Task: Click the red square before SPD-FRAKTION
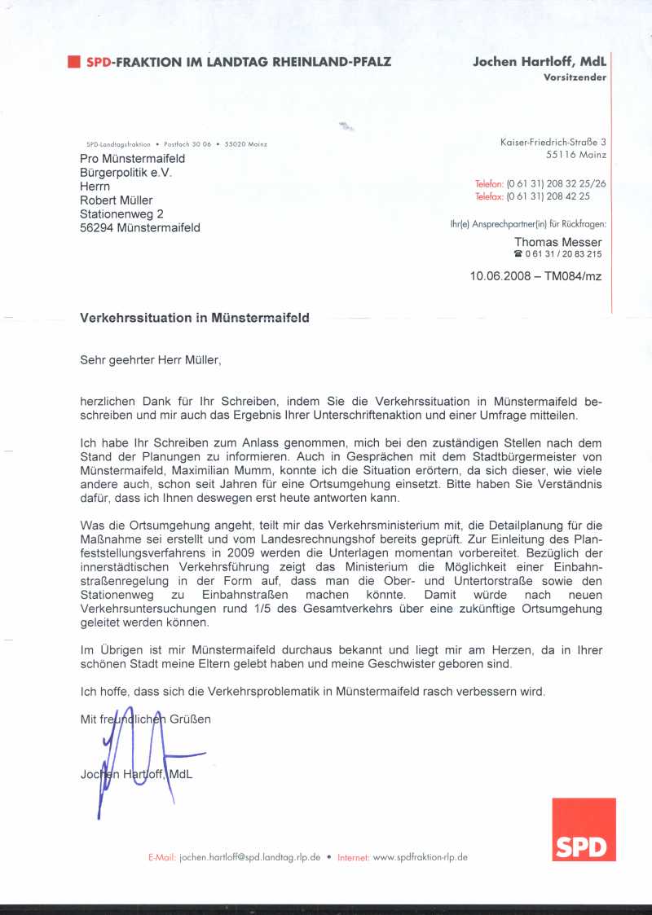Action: click(x=73, y=61)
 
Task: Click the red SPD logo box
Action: click(x=584, y=829)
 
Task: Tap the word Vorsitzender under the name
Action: click(x=575, y=77)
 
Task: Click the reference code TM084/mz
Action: click(x=573, y=276)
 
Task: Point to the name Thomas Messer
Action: click(x=558, y=242)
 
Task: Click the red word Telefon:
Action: click(x=489, y=184)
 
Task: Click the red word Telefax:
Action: click(x=489, y=196)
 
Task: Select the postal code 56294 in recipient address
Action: click(x=97, y=228)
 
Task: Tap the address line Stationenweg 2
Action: click(x=121, y=213)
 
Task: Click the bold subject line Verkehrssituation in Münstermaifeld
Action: click(x=194, y=318)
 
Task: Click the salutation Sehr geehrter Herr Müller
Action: click(x=151, y=358)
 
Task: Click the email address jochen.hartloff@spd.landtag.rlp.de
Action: click(x=249, y=857)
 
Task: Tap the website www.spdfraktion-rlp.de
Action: click(x=420, y=857)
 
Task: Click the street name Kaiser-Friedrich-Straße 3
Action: click(x=553, y=143)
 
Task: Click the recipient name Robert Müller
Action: click(x=116, y=200)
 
